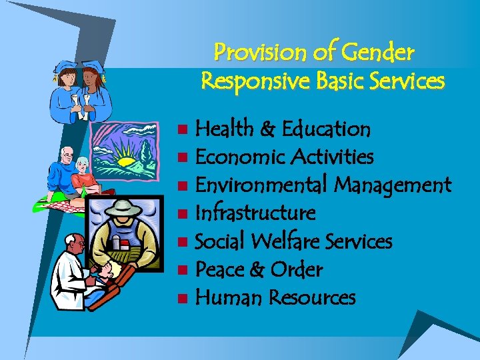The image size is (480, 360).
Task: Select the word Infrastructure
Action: click(x=255, y=213)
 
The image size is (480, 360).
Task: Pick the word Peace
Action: click(x=221, y=269)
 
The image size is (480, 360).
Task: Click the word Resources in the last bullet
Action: click(x=311, y=297)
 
